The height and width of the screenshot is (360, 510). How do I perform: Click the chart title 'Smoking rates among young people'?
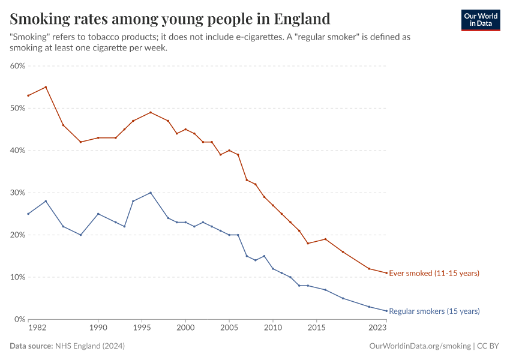point(170,19)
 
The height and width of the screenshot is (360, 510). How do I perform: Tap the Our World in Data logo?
point(480,20)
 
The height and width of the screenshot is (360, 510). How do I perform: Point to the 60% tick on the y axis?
point(17,66)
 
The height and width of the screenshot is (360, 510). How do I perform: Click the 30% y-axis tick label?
point(17,193)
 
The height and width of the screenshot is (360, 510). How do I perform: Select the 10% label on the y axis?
point(17,277)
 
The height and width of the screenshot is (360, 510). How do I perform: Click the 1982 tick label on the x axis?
point(37,328)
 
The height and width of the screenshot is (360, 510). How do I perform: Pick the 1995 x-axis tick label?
point(142,328)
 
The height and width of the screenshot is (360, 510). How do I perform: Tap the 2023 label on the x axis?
point(377,328)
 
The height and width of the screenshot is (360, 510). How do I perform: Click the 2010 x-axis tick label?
point(273,328)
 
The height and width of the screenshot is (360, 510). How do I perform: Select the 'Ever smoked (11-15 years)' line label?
point(434,274)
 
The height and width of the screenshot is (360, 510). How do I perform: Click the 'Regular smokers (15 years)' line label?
point(434,311)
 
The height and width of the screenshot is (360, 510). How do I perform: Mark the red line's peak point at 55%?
point(46,87)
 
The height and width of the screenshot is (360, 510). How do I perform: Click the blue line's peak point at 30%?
point(151,193)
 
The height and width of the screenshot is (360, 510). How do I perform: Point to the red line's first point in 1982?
point(28,95)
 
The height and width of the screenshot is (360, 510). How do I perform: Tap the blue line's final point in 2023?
point(386,311)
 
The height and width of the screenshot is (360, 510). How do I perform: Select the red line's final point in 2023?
point(386,273)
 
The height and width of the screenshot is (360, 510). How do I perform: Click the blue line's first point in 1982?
point(28,214)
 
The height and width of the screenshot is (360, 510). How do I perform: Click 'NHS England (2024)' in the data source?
point(90,346)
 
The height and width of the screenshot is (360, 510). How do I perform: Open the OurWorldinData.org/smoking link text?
point(419,346)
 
